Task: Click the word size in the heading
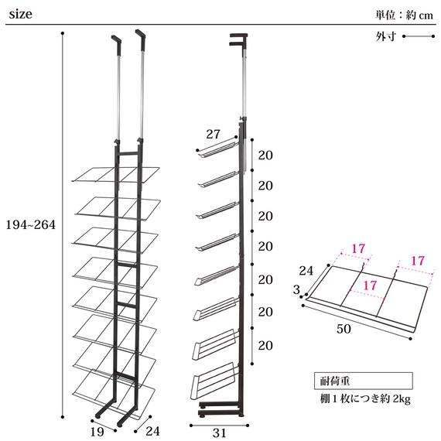(21, 14)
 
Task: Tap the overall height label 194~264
(31, 224)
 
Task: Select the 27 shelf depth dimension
(214, 134)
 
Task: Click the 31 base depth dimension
(220, 432)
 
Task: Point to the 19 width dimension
(97, 432)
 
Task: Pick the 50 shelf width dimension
(344, 329)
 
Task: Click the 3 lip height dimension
(296, 289)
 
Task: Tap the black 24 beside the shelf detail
(306, 271)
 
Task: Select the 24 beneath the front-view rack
(152, 431)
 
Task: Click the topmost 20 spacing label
(265, 156)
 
